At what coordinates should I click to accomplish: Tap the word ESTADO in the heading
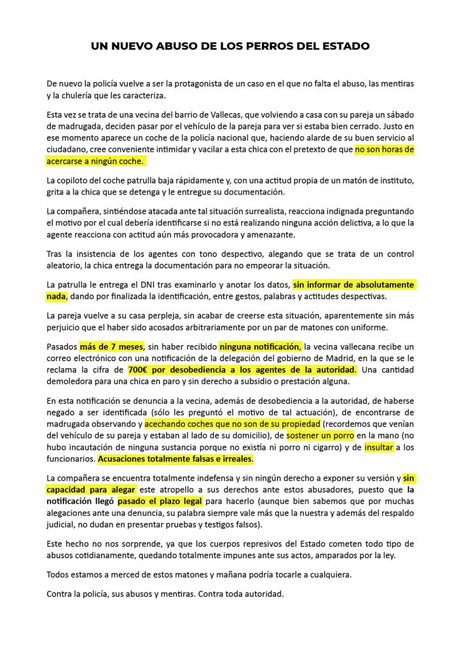click(x=343, y=46)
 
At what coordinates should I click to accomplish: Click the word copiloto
click(x=82, y=180)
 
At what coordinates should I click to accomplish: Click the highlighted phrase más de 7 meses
click(x=111, y=346)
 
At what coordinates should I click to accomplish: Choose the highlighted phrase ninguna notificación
click(x=260, y=346)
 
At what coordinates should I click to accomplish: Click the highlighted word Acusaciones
click(x=126, y=458)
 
